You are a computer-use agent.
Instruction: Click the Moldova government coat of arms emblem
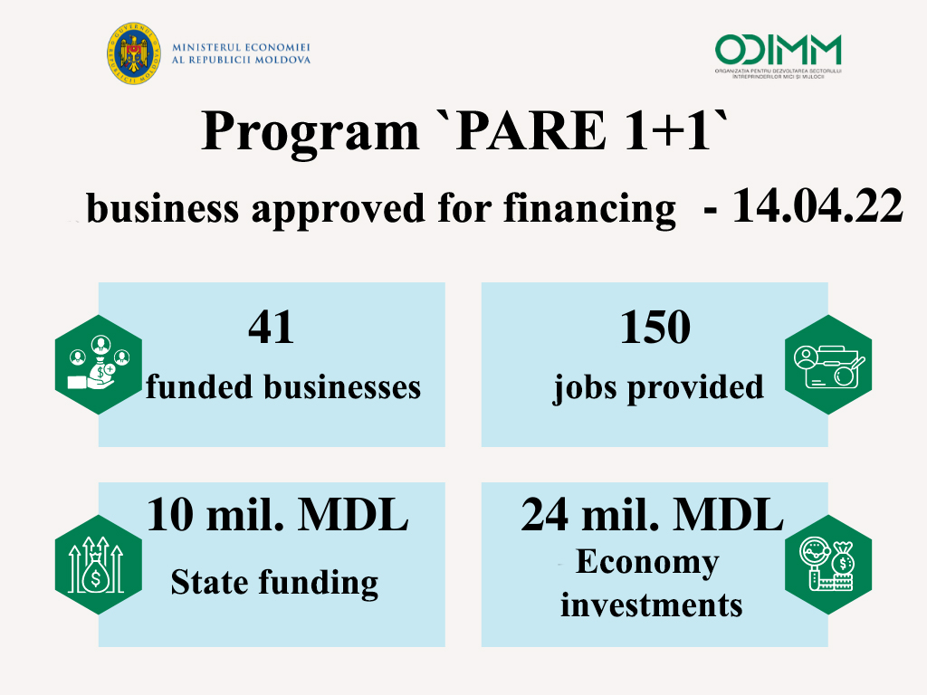click(x=134, y=53)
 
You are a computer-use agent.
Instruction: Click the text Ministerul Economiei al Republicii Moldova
click(x=241, y=53)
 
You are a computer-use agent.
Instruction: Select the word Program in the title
click(x=310, y=132)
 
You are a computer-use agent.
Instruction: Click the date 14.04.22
click(x=817, y=205)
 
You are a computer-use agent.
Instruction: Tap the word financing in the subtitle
click(x=589, y=209)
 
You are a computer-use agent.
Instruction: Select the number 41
click(x=272, y=327)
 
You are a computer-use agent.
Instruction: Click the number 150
click(x=655, y=327)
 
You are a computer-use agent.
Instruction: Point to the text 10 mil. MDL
click(x=277, y=515)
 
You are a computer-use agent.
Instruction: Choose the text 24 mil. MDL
click(x=652, y=515)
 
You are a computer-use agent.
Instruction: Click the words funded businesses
click(x=283, y=387)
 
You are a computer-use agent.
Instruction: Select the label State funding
click(x=274, y=583)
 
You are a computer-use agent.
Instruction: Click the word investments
click(x=652, y=605)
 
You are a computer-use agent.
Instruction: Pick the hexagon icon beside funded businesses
click(x=99, y=365)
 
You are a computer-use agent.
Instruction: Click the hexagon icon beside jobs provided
click(x=828, y=365)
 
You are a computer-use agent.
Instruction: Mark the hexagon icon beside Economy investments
click(x=828, y=565)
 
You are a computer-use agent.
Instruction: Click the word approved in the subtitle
click(x=338, y=209)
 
